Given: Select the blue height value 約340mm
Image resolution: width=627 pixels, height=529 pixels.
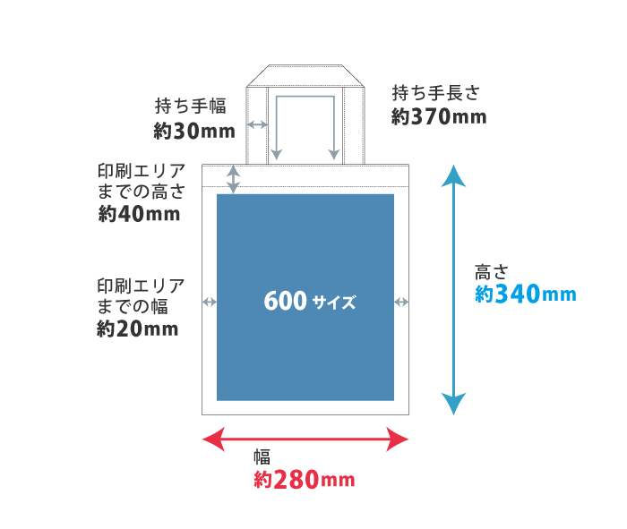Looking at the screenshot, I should tap(525, 294).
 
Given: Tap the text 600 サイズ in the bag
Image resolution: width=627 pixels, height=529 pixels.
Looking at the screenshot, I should tap(309, 302).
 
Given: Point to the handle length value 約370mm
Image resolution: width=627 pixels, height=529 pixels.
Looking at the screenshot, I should tap(439, 116).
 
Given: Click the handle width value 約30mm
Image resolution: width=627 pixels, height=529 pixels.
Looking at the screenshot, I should tap(193, 131).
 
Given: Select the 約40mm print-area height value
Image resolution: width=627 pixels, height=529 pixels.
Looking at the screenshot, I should tap(139, 215).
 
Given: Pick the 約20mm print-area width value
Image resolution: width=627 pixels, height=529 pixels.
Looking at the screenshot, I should tap(138, 329).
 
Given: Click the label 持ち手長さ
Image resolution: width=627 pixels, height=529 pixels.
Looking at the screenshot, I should tap(436, 92).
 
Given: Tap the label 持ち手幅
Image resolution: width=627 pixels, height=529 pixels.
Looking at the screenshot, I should tap(191, 107).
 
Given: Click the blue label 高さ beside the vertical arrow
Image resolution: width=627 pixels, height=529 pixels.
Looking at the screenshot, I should tap(492, 271).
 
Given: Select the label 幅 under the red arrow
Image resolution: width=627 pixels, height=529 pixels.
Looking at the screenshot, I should tap(262, 456).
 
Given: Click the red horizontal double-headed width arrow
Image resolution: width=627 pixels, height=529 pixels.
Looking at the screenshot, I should tap(305, 439).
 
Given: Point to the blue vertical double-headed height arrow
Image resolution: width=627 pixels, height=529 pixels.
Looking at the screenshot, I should tap(454, 290).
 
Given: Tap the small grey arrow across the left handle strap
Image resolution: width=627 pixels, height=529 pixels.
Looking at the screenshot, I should tap(258, 124).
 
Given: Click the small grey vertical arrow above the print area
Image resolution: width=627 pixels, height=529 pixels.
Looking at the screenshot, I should tap(234, 178).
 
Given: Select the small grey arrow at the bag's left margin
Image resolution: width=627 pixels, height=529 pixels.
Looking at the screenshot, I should tap(210, 302).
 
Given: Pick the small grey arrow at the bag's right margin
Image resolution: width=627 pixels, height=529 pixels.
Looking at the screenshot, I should tap(401, 302).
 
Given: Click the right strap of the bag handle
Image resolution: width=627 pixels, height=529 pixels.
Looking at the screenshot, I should tap(354, 125).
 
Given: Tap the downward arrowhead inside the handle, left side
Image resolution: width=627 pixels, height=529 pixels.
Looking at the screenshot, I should tap(277, 154).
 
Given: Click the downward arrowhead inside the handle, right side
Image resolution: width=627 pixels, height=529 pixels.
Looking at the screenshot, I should tap(334, 154).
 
